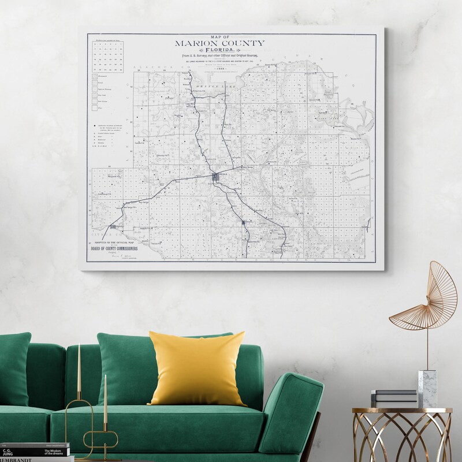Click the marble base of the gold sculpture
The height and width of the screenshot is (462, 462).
point(427,388)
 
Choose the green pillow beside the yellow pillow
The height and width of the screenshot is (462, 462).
point(124,370)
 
